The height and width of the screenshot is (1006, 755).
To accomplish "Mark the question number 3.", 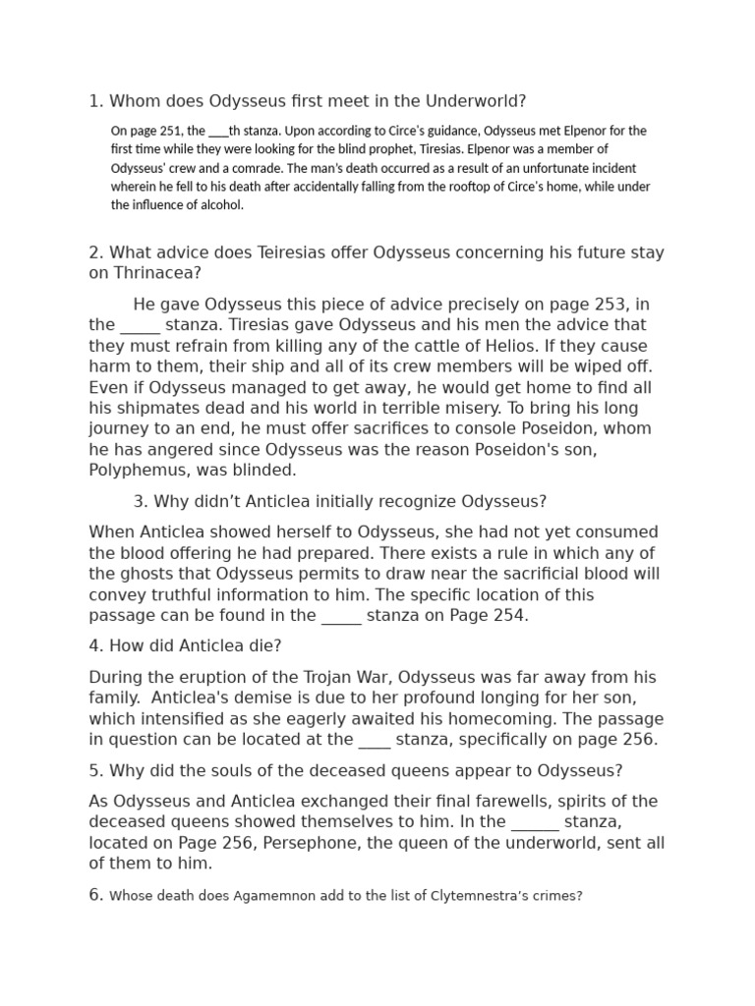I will (x=139, y=502).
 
